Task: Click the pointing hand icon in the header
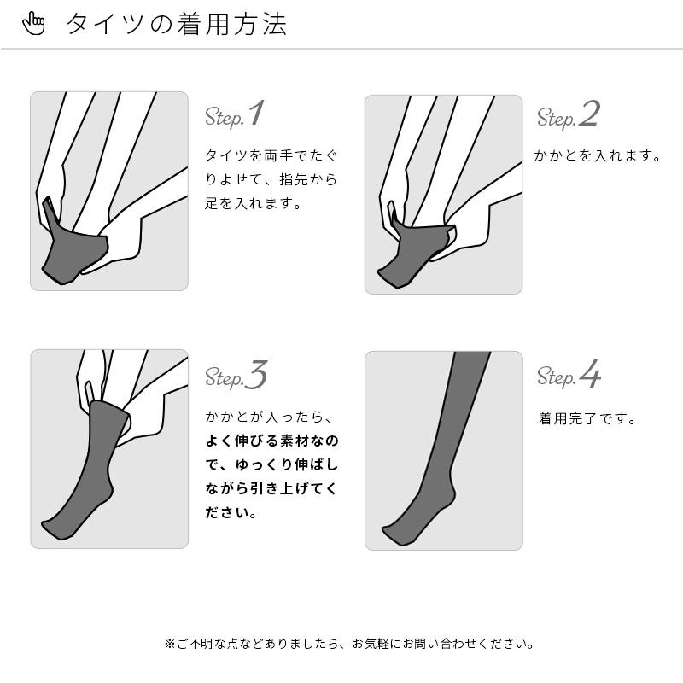tap(34, 24)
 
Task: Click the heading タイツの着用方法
tap(176, 24)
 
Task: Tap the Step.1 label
tap(235, 115)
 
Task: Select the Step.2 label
tap(568, 115)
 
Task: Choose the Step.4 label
tap(569, 377)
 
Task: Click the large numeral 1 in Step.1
tap(256, 114)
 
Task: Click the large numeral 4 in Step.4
tap(590, 375)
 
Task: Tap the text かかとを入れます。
tap(598, 156)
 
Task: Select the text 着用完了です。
tap(587, 419)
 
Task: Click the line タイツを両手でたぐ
tap(271, 156)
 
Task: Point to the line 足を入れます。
tap(253, 204)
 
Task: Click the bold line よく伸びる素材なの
tap(271, 441)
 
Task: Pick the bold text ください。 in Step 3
tap(231, 513)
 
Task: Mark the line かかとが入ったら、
tap(266, 417)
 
